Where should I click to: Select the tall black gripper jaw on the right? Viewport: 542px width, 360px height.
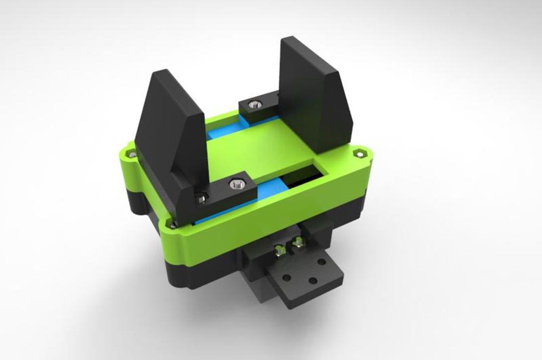coord(309,90)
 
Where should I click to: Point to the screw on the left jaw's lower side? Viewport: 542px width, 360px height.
coord(200,199)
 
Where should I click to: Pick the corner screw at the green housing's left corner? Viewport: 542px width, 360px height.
coord(131,155)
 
